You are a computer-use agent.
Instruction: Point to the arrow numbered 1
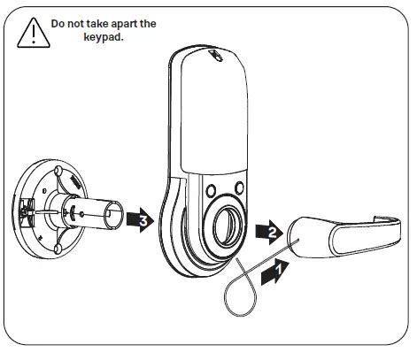(276, 269)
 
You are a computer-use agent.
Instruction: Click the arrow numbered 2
(268, 233)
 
